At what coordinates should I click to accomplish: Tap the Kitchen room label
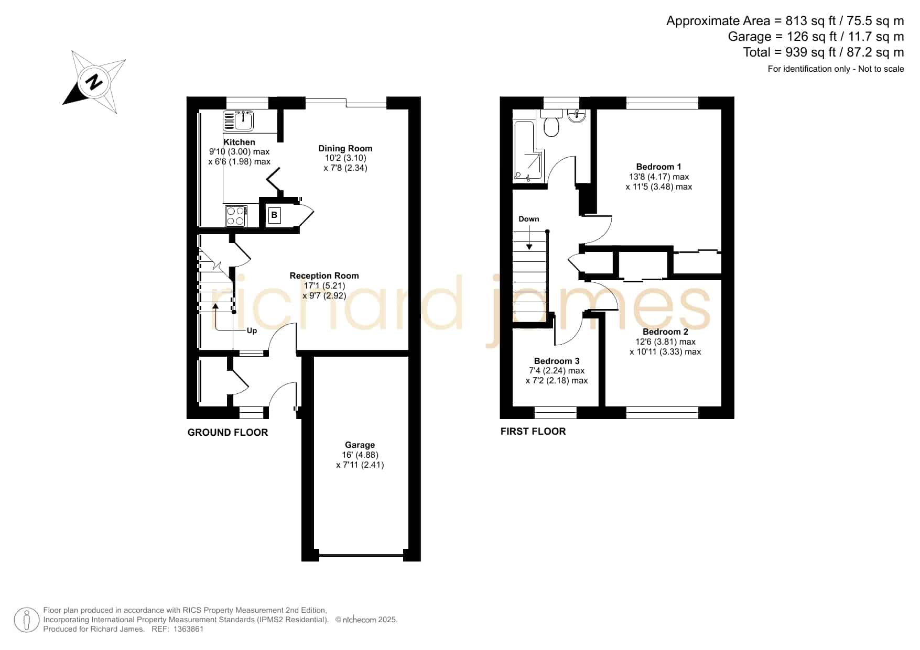click(239, 142)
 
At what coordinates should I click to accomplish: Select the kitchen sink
click(239, 121)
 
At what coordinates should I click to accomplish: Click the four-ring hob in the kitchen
click(236, 216)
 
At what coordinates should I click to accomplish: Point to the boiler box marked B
click(274, 215)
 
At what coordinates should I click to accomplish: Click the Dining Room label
click(345, 148)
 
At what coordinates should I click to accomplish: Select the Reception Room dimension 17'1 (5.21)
click(324, 285)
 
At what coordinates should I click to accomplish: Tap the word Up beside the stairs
click(252, 330)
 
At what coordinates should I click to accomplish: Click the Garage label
click(360, 445)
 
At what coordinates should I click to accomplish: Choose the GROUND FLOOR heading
click(228, 432)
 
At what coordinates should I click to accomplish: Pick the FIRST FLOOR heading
click(533, 431)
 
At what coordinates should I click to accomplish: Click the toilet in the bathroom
click(551, 123)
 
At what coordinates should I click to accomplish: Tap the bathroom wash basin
click(577, 116)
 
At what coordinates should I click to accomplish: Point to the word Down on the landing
click(529, 219)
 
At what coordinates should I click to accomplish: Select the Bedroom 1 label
click(658, 167)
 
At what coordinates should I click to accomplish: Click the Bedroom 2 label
click(665, 332)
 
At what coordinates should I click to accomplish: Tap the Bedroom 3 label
click(557, 361)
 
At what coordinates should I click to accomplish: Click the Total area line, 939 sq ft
click(823, 52)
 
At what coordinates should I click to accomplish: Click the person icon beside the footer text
click(27, 620)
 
